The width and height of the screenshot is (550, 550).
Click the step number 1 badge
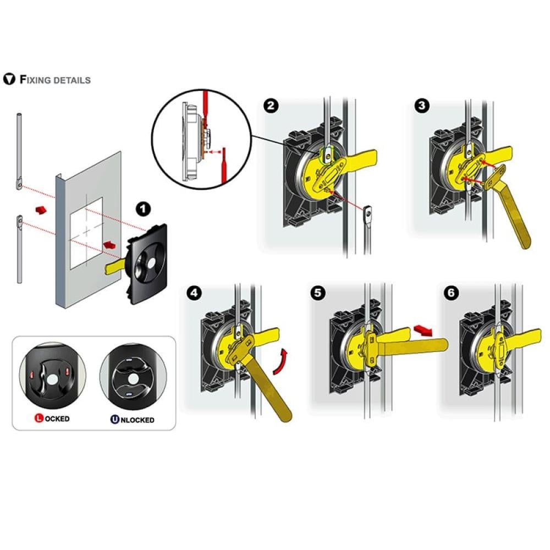pos(143,210)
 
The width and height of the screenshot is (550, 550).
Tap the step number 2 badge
pos(271,106)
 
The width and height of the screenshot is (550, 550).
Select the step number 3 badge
pos(421,106)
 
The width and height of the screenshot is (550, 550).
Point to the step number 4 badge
pos(194,293)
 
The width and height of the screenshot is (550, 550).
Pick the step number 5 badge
pos(318,293)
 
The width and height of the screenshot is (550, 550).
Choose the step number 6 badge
pos(451,293)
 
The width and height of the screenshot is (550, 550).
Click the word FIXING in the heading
pos(35,80)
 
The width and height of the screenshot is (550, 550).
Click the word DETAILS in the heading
pos(72,80)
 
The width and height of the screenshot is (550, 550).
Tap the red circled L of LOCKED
pos(39,418)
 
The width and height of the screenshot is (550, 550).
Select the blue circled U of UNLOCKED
pos(115,419)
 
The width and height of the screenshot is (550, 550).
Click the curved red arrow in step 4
pos(282,361)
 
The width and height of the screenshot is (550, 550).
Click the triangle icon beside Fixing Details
pos(9,79)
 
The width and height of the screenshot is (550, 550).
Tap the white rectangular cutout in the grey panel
pos(87,233)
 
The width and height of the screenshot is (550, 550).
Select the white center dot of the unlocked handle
pos(133,379)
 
